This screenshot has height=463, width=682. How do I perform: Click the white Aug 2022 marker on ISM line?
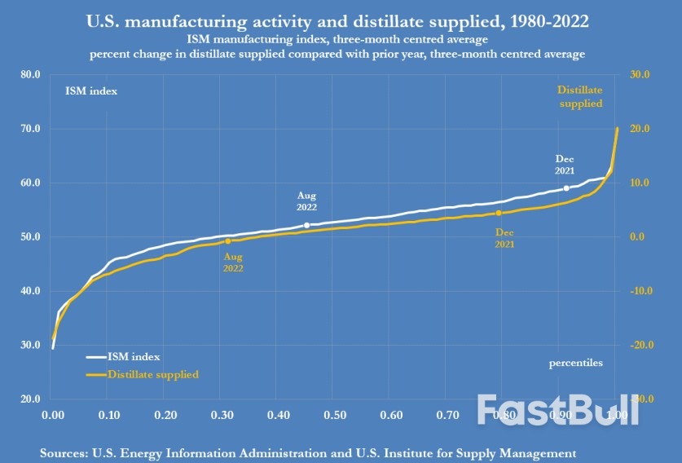pyautogui.click(x=306, y=225)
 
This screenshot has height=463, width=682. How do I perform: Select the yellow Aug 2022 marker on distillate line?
pyautogui.click(x=228, y=241)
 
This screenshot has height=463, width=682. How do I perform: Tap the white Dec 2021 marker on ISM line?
pyautogui.click(x=566, y=188)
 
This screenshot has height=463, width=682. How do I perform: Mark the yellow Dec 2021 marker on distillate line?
pyautogui.click(x=499, y=214)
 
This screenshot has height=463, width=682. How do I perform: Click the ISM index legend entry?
pyautogui.click(x=123, y=357)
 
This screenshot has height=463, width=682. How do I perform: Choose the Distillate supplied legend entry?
pyautogui.click(x=142, y=374)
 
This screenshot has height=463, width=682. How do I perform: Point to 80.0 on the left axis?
pyautogui.click(x=29, y=74)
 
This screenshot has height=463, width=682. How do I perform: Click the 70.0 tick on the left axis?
pyautogui.click(x=29, y=129)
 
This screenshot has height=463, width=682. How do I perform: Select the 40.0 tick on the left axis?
pyautogui.click(x=29, y=291)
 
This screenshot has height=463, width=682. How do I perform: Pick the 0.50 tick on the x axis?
pyautogui.click(x=334, y=415)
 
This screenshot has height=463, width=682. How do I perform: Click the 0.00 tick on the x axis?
pyautogui.click(x=52, y=415)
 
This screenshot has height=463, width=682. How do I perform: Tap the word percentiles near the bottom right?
pyautogui.click(x=576, y=363)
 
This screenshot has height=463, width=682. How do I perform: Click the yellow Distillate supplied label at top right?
pyautogui.click(x=580, y=97)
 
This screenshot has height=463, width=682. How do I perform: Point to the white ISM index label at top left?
pyautogui.click(x=91, y=90)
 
